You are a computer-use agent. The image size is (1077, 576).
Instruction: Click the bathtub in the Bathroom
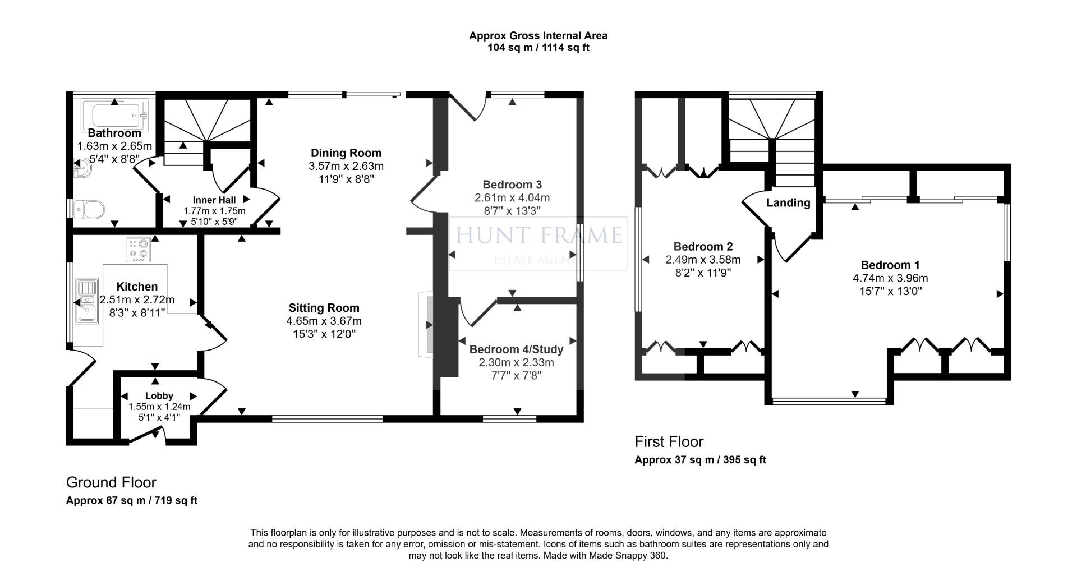click(x=114, y=114)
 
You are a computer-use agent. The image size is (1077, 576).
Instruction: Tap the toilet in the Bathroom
click(x=90, y=210)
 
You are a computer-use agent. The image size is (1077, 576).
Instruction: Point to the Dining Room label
click(x=346, y=153)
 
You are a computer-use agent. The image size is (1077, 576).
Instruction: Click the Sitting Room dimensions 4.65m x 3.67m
click(x=324, y=321)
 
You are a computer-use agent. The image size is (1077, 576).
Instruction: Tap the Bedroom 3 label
click(x=512, y=185)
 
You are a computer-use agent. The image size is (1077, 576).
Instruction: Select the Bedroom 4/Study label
click(x=516, y=349)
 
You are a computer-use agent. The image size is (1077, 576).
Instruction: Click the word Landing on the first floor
click(x=788, y=203)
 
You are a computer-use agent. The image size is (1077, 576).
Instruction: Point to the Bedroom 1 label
click(x=890, y=265)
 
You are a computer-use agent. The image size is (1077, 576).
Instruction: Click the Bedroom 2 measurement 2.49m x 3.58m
click(x=703, y=260)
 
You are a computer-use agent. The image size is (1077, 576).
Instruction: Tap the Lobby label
click(x=159, y=396)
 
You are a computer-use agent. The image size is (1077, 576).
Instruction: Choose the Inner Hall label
click(x=214, y=200)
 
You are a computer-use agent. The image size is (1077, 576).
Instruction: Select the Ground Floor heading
click(x=111, y=482)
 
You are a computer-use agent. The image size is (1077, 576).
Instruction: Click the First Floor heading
click(x=669, y=441)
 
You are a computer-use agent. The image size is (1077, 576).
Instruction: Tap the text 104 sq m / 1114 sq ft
click(x=538, y=48)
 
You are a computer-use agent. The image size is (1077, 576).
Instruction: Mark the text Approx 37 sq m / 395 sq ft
click(x=700, y=460)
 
